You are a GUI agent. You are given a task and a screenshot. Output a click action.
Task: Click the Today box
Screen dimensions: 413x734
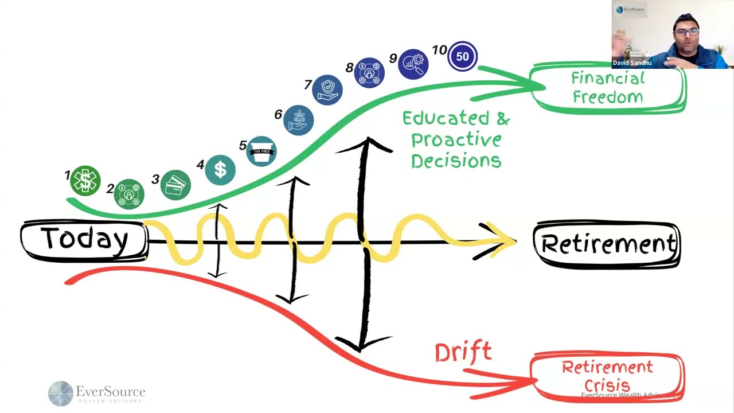[84, 240]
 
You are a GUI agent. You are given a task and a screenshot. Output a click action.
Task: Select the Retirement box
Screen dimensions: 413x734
[607, 244]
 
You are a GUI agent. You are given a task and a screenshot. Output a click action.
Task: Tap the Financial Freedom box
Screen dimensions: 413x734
[608, 88]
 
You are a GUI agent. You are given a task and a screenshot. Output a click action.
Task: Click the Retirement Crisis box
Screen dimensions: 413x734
[607, 376]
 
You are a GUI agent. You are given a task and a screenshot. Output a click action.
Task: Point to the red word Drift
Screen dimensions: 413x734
[463, 352]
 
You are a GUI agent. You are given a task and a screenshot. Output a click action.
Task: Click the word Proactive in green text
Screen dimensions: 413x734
[456, 139]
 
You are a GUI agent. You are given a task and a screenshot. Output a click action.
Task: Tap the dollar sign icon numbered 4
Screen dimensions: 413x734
[220, 170]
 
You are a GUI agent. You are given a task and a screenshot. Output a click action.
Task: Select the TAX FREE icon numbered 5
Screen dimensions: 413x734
[261, 151]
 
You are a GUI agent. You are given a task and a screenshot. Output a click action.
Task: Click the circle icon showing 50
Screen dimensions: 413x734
[462, 56]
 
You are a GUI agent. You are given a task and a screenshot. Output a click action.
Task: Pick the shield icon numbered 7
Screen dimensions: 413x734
[327, 89]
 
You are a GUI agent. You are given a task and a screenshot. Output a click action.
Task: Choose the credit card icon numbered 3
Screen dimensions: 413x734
[175, 185]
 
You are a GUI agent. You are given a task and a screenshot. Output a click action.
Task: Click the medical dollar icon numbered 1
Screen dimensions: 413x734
[85, 181]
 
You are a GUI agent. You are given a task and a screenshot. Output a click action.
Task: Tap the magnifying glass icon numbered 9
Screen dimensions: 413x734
[413, 64]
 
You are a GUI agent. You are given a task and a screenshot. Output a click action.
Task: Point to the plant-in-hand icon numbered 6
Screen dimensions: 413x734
[298, 120]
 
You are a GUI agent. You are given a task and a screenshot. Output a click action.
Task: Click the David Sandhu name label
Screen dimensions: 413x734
[633, 63]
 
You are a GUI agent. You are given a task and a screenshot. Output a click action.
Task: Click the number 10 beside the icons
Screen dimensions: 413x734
[439, 50]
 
